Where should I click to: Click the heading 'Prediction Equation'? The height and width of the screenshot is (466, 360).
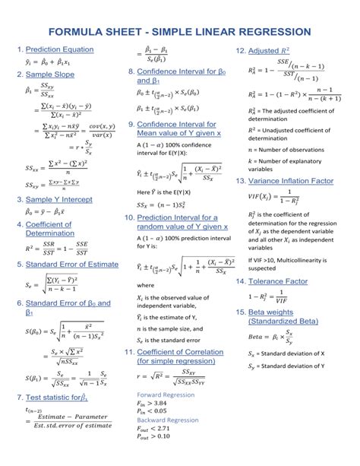point(59,50)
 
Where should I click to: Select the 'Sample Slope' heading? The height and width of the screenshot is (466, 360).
point(50,74)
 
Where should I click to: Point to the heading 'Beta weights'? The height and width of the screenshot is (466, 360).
point(275,312)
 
